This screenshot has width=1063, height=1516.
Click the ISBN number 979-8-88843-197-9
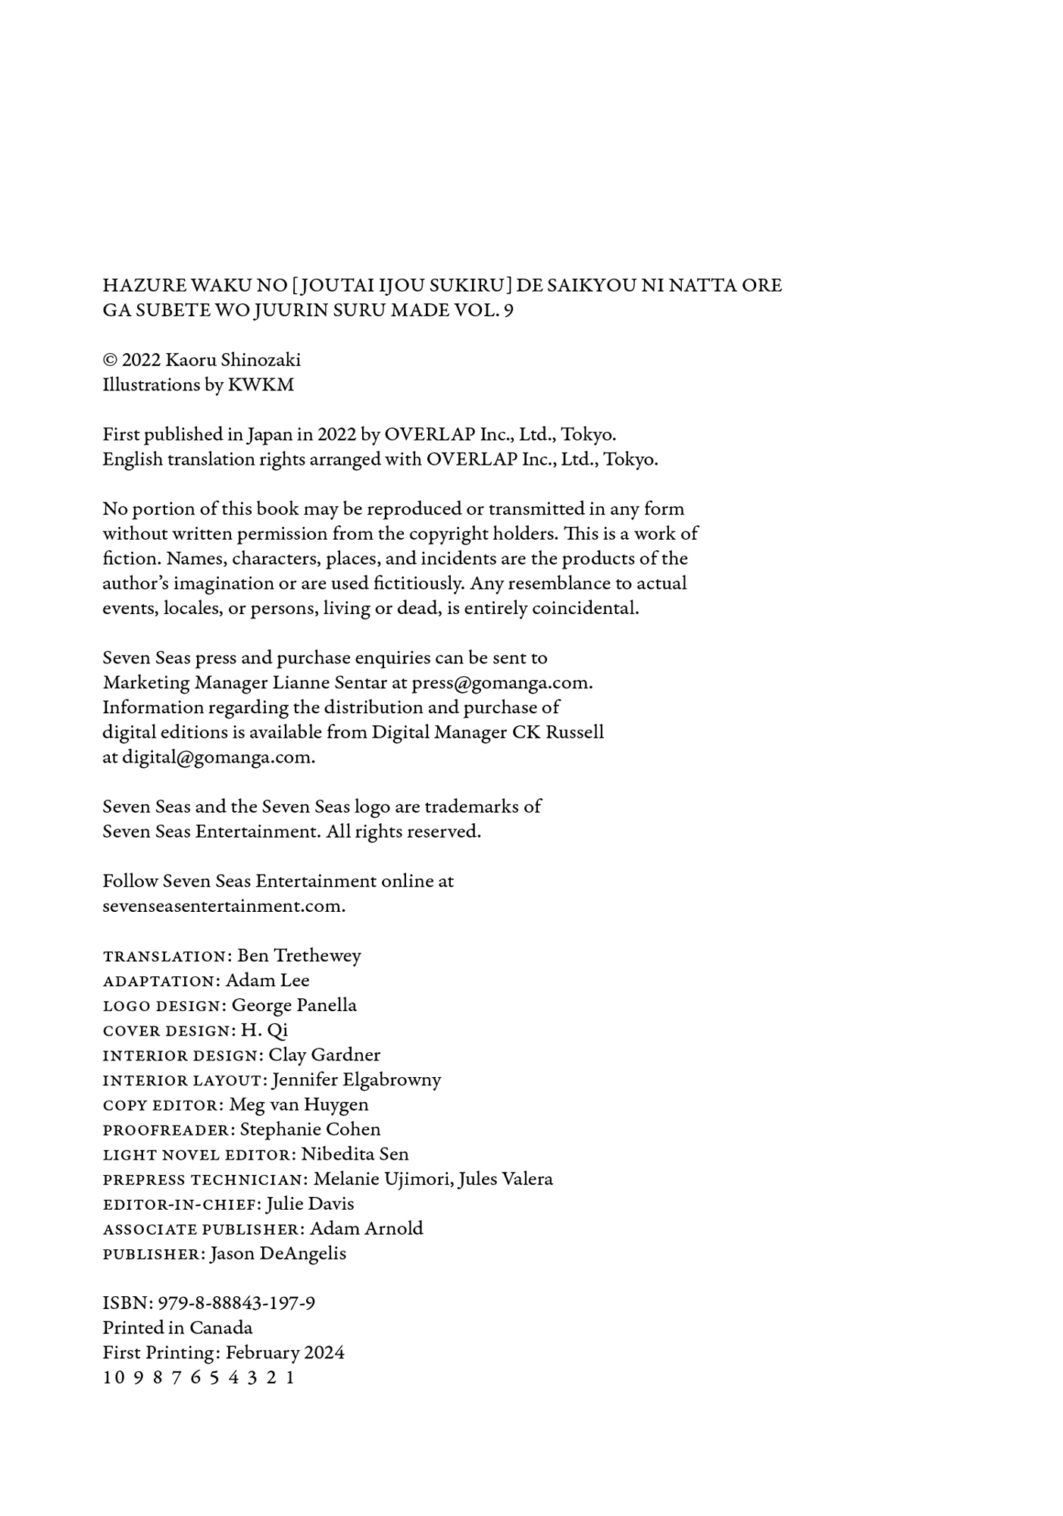click(x=236, y=1303)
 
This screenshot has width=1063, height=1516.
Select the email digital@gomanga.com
click(x=217, y=757)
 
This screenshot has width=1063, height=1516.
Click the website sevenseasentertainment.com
click(x=224, y=906)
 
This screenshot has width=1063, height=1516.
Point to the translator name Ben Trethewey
click(x=299, y=955)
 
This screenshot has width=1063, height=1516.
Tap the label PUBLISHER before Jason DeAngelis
click(x=152, y=1254)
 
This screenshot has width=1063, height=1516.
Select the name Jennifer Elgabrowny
click(x=356, y=1079)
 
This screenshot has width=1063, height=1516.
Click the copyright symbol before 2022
click(x=110, y=360)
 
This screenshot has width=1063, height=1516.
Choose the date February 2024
click(x=285, y=1353)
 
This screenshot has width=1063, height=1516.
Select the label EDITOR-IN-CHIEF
click(x=182, y=1204)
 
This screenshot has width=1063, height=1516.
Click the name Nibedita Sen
click(x=355, y=1154)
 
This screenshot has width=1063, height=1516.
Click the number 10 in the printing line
click(x=113, y=1378)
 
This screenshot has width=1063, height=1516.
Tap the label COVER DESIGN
click(x=167, y=1031)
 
